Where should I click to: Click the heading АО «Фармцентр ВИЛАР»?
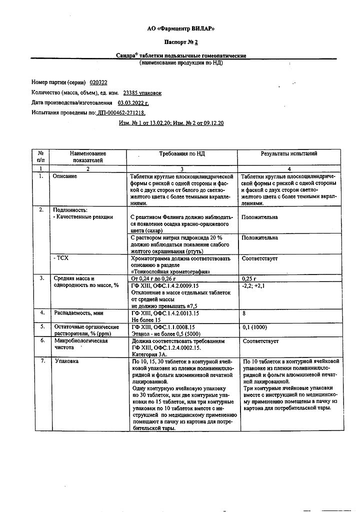tap(184, 29)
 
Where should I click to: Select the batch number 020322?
tap(98, 82)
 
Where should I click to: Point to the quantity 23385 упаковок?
tap(142, 92)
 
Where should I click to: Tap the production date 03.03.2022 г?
tap(129, 102)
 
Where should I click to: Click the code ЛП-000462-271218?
tap(121, 113)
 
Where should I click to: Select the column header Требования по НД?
tap(182, 154)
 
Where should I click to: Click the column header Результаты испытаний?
tap(288, 154)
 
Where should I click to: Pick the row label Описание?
tap(65, 177)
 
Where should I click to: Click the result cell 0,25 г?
tap(249, 278)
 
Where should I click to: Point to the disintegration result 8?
tap(243, 312)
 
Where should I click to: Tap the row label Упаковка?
tap(67, 361)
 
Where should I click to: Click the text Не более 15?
tap(146, 319)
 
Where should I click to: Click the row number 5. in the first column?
tap(41, 326)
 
